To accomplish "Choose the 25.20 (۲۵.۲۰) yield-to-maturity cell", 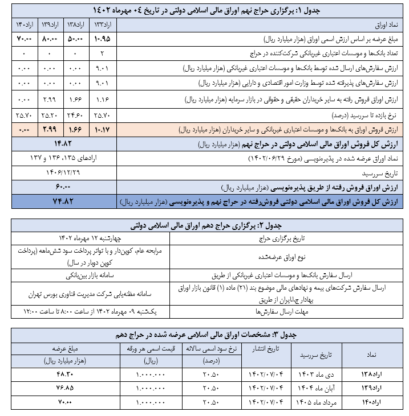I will (x=50, y=115).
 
